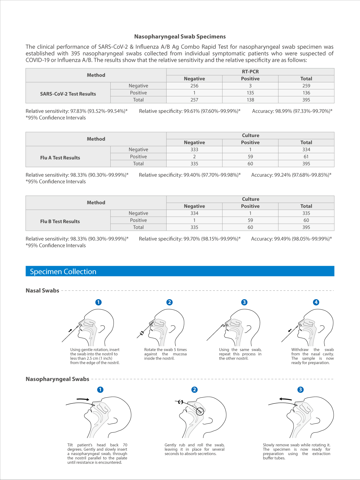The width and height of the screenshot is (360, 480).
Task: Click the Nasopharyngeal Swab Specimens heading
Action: point(180,37)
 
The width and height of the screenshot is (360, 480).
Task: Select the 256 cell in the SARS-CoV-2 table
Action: point(194,86)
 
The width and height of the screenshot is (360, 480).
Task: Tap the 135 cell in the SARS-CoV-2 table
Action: point(250,93)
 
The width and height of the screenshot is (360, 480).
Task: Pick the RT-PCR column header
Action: point(250,72)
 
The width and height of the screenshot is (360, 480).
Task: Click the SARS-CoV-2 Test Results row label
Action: point(68,94)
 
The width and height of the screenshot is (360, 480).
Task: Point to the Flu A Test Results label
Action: point(60,158)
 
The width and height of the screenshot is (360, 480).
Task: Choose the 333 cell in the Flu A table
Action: point(194,149)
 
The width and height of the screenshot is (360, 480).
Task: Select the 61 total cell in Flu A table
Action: point(306,157)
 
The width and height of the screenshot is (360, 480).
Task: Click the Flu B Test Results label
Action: point(60,221)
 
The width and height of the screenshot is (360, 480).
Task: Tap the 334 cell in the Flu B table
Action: point(194,213)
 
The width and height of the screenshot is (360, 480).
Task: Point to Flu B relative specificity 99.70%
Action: point(190,239)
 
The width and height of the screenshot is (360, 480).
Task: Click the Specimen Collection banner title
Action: point(63,272)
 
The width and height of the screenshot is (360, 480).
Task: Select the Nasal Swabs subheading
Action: point(42,290)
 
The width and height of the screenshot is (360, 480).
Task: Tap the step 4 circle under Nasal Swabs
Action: point(316,302)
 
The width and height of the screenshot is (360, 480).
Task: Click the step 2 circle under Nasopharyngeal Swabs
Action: point(195,390)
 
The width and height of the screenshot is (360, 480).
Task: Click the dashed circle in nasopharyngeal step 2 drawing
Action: point(200,411)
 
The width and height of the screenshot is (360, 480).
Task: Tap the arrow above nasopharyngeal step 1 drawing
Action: point(83,399)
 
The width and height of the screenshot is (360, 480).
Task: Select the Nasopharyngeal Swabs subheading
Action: point(57,379)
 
